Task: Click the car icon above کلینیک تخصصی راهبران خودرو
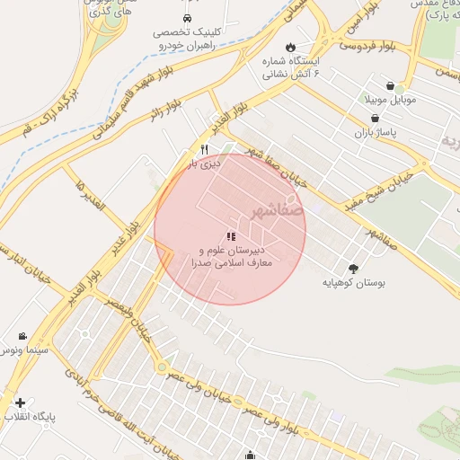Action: point(187,18)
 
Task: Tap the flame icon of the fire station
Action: point(290,47)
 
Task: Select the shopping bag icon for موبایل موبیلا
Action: point(390,86)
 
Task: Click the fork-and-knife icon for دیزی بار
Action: point(205,149)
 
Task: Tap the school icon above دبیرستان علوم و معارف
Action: point(231,235)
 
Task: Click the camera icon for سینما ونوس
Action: point(22,335)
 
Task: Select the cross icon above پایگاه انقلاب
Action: point(20,402)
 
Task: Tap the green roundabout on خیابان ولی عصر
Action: point(161,367)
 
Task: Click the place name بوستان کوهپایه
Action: point(354,283)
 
